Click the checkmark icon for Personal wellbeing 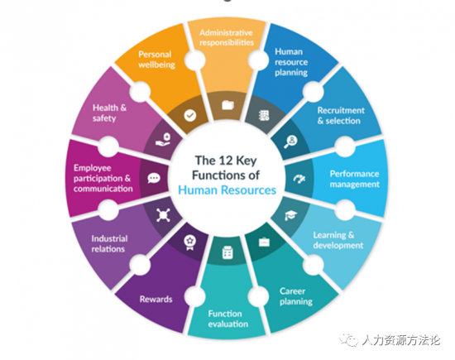point(190,116)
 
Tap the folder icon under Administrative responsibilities point(227,105)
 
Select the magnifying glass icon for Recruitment point(290,142)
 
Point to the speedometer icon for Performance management point(299,179)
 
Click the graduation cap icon point(290,215)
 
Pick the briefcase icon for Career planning point(264,242)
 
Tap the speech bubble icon point(154,178)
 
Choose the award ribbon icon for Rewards point(189,242)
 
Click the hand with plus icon point(163,139)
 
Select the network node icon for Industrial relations point(163,215)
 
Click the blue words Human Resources point(227,190)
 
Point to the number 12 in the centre point(226,161)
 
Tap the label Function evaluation point(227,319)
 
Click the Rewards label point(156,299)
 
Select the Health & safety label point(109,113)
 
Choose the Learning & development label point(338,240)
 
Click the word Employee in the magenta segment point(93,168)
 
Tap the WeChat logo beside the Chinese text point(348,339)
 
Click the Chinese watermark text point(401,340)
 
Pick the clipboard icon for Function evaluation point(227,252)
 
